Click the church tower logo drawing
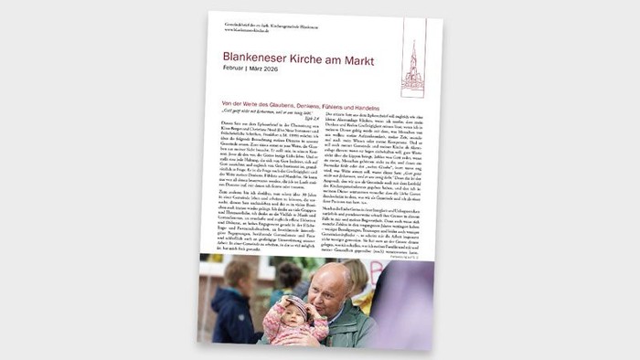(412, 69)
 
